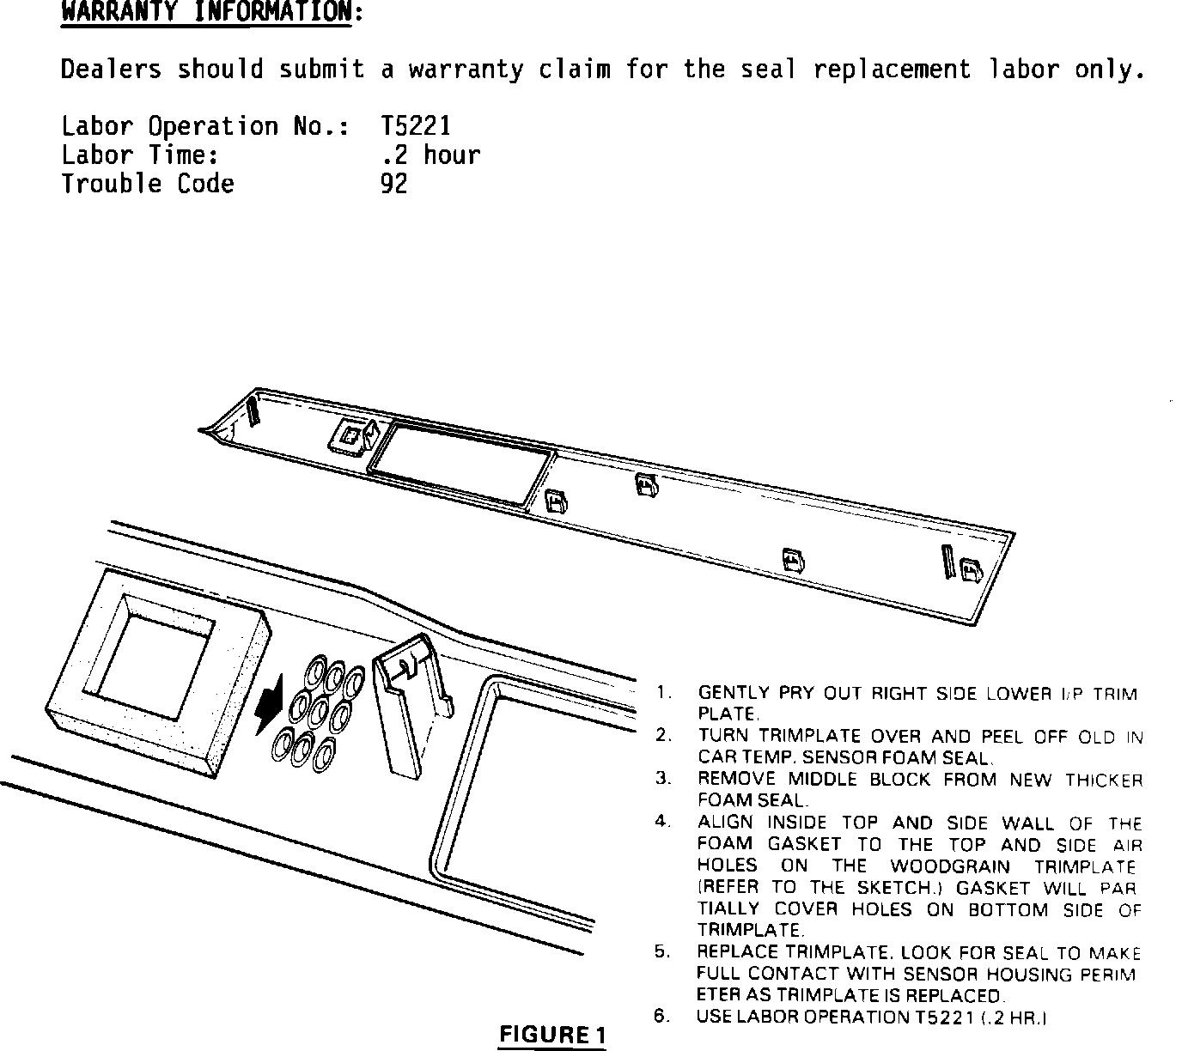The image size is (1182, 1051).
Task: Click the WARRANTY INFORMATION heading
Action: (206, 13)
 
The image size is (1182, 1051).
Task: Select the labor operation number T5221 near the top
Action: (415, 126)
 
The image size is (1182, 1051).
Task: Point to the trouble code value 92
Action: (393, 184)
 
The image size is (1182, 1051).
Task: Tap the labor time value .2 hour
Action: (430, 155)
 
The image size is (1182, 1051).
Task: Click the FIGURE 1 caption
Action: (552, 1034)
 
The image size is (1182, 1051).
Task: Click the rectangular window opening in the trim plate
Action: (459, 464)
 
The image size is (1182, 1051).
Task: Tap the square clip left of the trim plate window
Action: (350, 437)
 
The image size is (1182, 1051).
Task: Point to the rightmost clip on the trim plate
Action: (971, 570)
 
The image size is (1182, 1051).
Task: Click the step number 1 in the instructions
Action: (662, 691)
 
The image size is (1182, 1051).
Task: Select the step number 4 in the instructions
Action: (662, 821)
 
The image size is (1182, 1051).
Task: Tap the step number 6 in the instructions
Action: (661, 1016)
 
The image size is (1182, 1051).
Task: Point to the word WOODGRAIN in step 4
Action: (950, 866)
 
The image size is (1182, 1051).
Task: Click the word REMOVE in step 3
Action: (737, 779)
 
